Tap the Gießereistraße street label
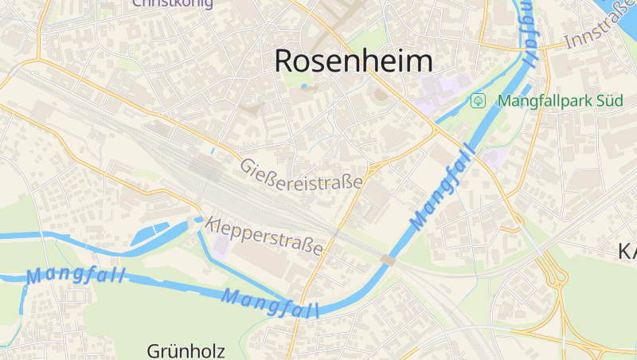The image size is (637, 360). (x=302, y=174)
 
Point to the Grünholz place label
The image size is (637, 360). (x=186, y=350)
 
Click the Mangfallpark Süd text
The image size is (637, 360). (x=555, y=101)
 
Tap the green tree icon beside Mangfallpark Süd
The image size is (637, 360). (x=478, y=100)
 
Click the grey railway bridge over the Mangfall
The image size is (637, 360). (x=388, y=260)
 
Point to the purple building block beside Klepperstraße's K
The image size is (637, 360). (x=222, y=244)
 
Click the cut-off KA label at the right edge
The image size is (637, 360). (x=627, y=252)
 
